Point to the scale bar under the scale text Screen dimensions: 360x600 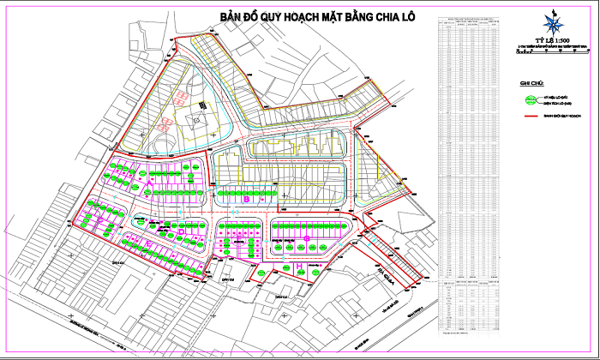[552, 51]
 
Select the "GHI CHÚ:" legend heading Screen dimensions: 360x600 [532, 83]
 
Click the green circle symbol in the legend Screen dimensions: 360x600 [531, 99]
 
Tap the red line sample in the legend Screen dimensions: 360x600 [531, 114]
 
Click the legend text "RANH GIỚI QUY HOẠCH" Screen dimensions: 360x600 [561, 114]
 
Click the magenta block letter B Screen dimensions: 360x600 [246, 199]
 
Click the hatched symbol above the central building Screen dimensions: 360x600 [183, 98]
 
